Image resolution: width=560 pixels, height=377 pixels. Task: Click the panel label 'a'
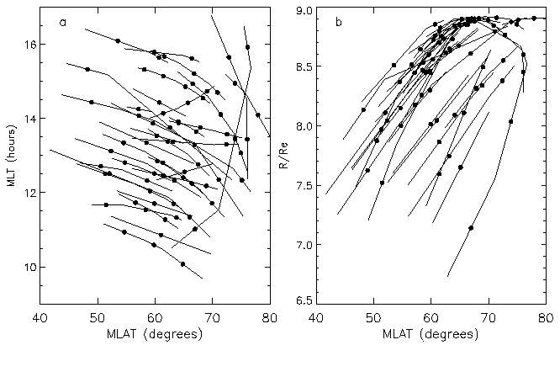tap(63, 23)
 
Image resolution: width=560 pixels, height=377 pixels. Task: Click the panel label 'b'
tap(338, 23)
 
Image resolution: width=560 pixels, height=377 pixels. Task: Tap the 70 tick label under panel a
tap(212, 318)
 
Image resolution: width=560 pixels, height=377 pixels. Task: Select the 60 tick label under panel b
tap(431, 318)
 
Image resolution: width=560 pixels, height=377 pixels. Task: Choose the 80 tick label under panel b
tap(544, 318)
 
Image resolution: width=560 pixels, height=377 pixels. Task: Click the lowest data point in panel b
tap(471, 228)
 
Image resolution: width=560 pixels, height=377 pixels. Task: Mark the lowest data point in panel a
tap(182, 263)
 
